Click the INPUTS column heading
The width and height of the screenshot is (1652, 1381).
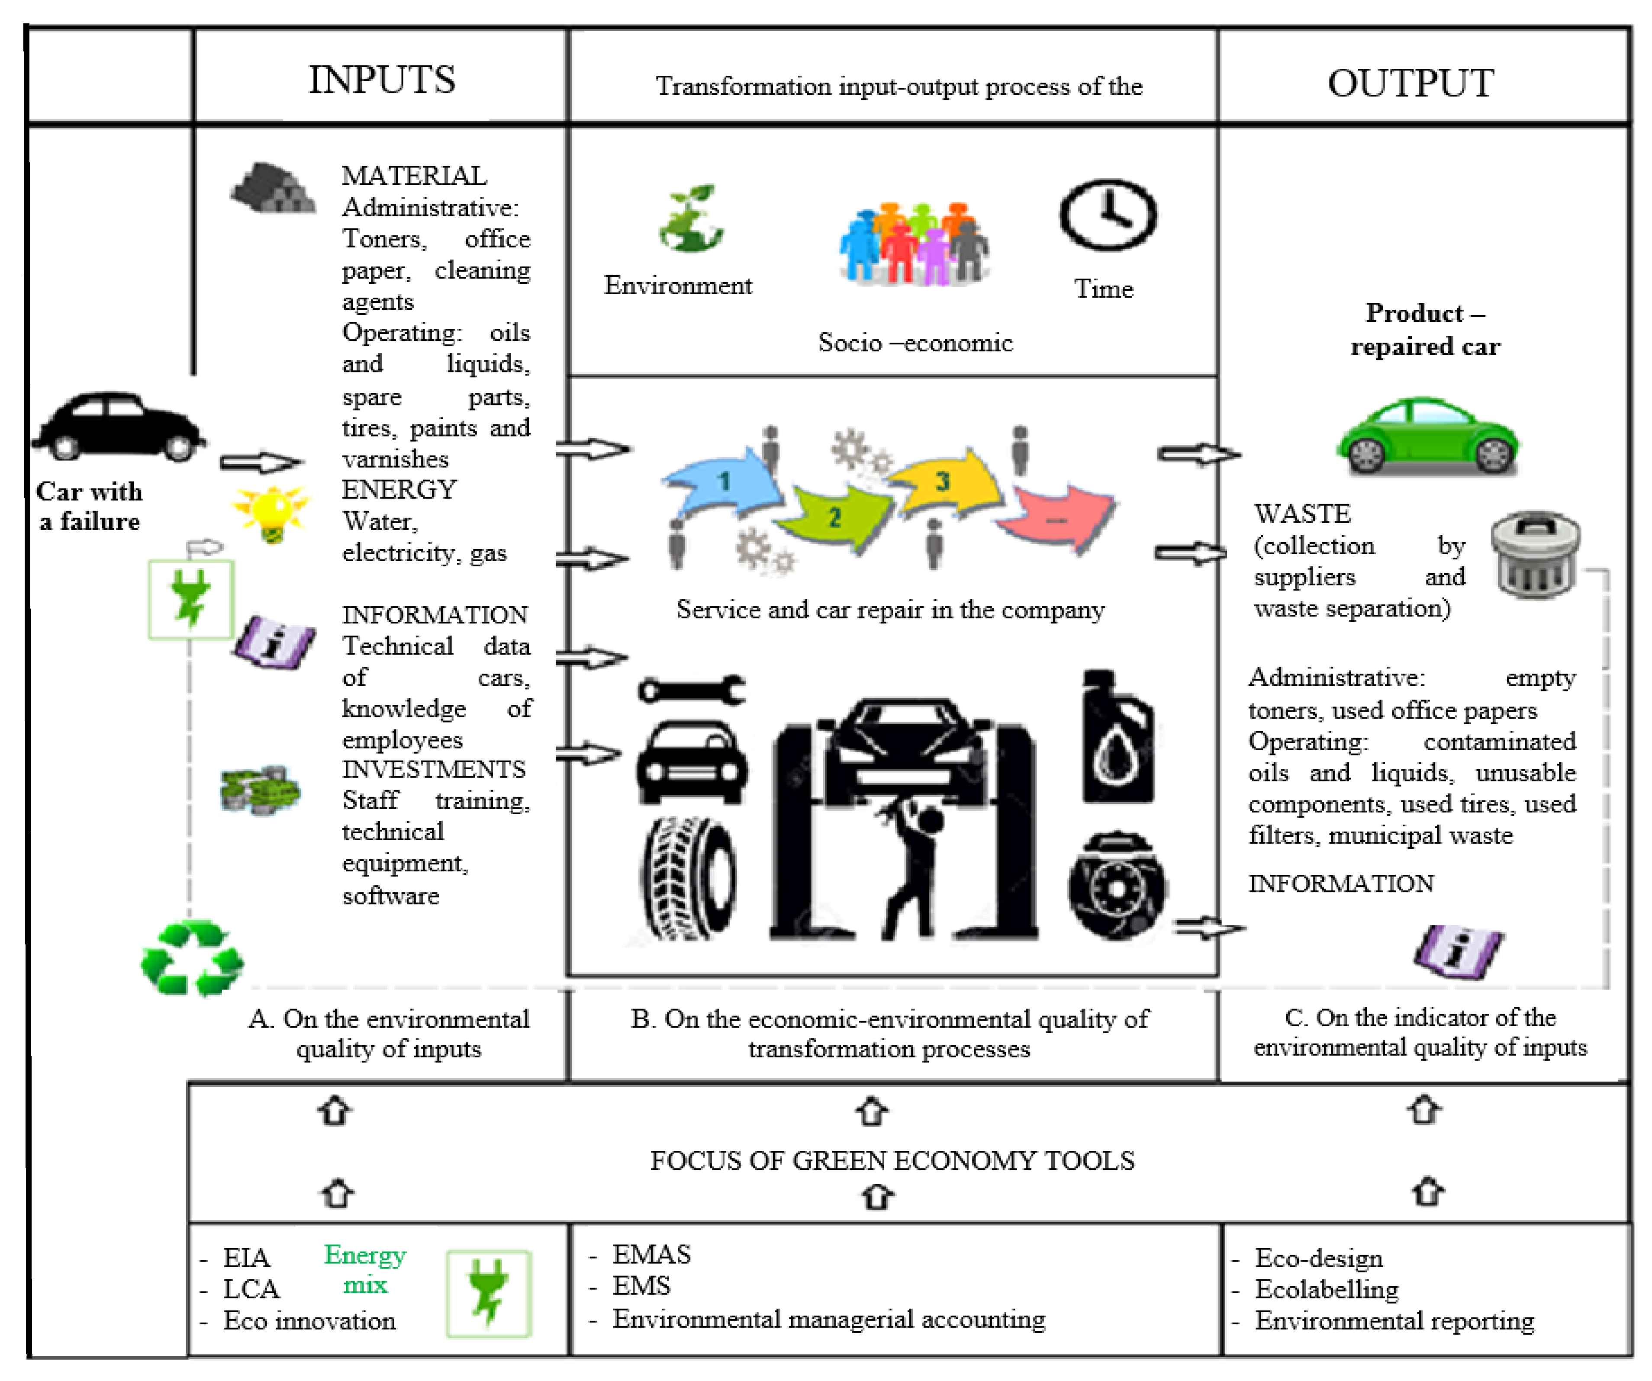click(382, 80)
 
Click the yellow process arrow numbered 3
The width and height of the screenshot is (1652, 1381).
click(944, 481)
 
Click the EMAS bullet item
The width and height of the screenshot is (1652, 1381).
click(651, 1254)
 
